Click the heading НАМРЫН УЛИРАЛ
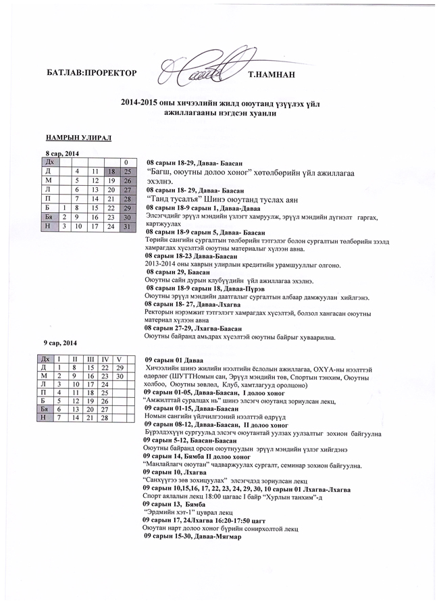78,137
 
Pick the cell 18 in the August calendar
111,172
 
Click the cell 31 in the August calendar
126,226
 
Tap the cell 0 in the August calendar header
126,162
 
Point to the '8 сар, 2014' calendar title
61,154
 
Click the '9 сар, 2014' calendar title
60,343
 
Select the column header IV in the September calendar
105,358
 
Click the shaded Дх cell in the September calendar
45,358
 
